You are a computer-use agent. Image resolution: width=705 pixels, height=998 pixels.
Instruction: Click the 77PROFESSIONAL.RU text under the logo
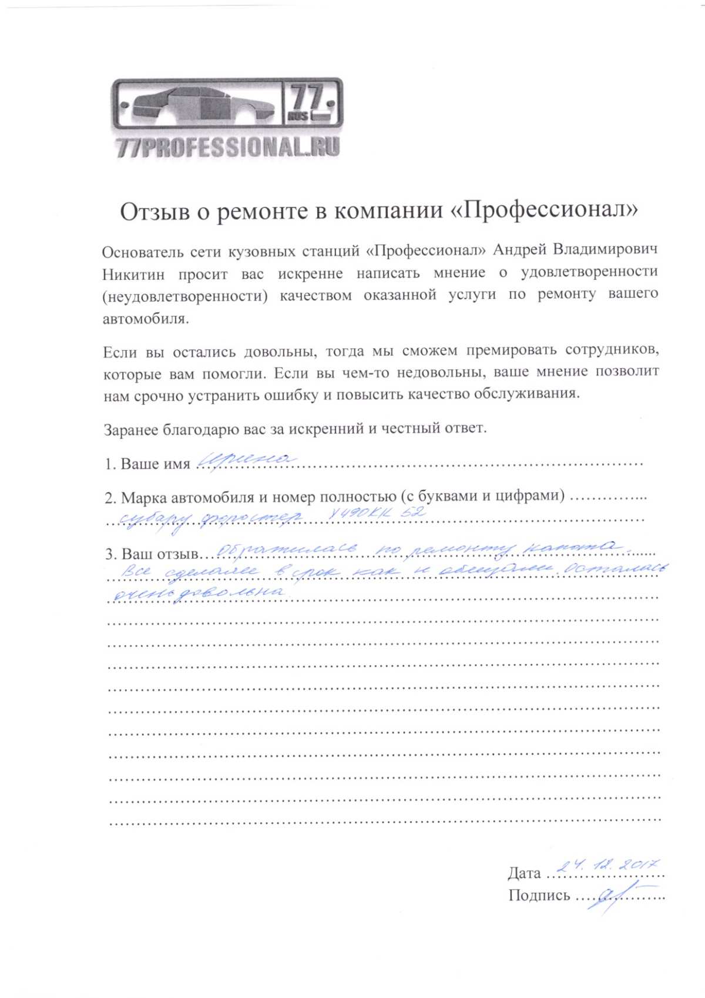pos(228,147)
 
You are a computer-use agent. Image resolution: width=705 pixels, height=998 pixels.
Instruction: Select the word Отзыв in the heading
pos(155,212)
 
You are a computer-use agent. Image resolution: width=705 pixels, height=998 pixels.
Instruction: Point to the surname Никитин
pos(133,275)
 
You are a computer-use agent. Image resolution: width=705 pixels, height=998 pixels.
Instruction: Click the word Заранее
pos(131,430)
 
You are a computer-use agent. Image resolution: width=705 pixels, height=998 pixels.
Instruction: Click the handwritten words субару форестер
pos(211,518)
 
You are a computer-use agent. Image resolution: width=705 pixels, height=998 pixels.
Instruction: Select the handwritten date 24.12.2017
pos(608,865)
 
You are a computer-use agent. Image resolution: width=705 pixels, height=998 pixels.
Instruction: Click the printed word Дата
pos(524,873)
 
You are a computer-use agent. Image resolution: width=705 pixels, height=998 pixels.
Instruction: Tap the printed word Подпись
pos(539,896)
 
